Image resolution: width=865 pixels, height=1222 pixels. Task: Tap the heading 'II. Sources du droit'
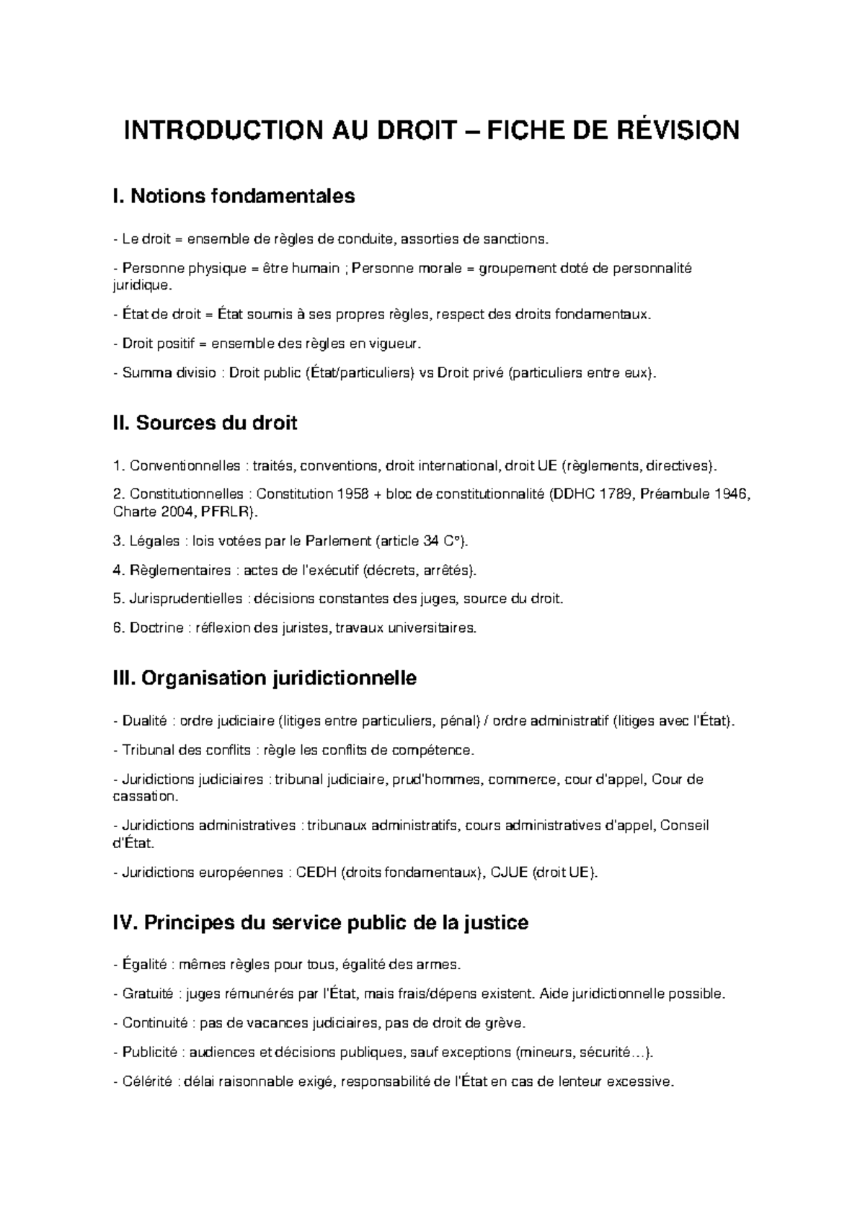click(205, 423)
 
